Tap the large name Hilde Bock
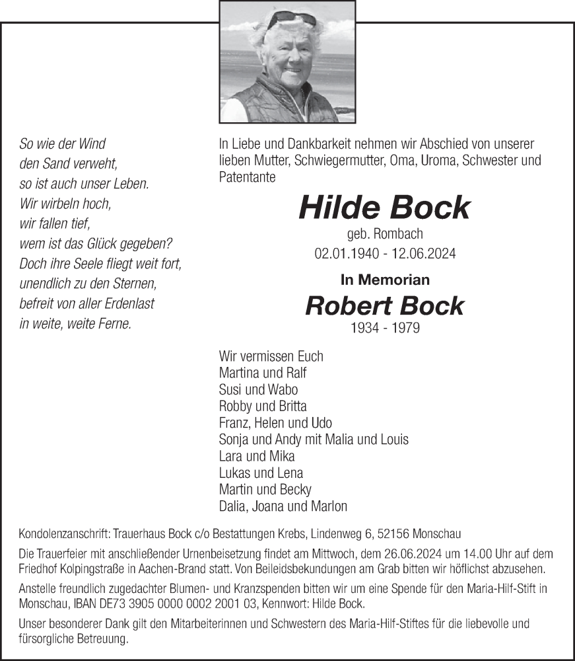(x=384, y=208)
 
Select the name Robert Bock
(x=384, y=305)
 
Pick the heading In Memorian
(x=385, y=280)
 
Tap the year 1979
(x=405, y=328)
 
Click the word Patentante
(x=247, y=177)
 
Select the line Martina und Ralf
(x=263, y=373)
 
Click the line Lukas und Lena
(x=261, y=473)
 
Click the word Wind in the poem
(x=92, y=143)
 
